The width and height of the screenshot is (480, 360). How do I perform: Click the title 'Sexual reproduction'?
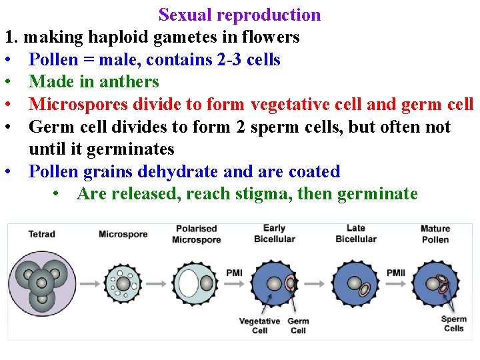[x=239, y=15]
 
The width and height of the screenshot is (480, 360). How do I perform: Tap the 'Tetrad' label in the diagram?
[x=41, y=234]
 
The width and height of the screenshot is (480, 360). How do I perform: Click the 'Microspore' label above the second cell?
[x=123, y=234]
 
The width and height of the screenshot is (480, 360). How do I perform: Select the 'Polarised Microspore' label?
[x=196, y=234]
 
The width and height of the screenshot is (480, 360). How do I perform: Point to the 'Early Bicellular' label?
[x=274, y=233]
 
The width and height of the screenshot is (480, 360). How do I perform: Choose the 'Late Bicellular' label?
[x=355, y=233]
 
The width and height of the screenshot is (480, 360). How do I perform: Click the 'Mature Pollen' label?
[x=435, y=234]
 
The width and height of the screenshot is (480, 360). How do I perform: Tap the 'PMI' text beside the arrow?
[x=234, y=273]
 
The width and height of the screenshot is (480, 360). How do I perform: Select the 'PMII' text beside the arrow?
[x=395, y=273]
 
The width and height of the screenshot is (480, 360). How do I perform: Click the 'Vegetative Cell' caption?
[x=259, y=326]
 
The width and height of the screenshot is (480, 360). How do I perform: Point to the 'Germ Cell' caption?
[x=298, y=326]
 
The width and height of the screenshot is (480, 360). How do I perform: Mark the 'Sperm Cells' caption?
[x=453, y=323]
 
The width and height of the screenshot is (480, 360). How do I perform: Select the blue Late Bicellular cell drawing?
[x=355, y=283]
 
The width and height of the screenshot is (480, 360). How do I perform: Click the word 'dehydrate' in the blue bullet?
[x=179, y=171]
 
